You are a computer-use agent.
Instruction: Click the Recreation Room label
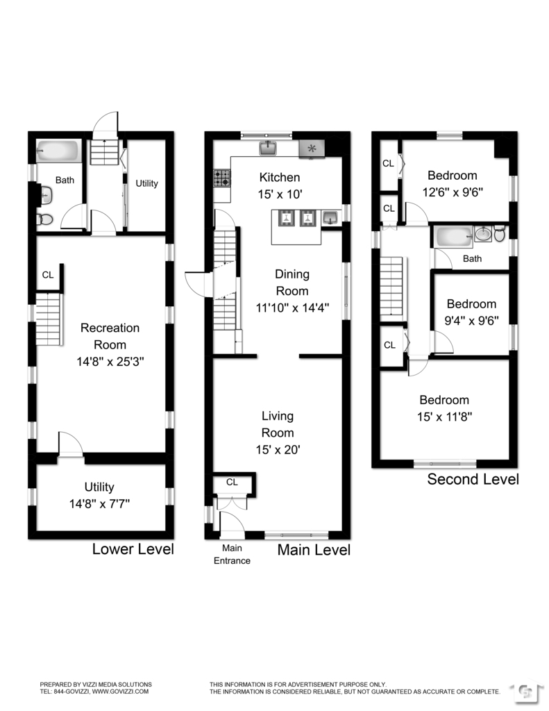point(110,328)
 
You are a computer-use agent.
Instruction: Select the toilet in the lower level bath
point(44,219)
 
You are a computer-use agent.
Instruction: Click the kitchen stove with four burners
point(221,179)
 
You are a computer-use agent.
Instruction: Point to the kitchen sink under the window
point(269,148)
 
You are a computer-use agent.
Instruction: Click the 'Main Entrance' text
point(231,555)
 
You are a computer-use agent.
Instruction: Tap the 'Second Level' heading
point(473,479)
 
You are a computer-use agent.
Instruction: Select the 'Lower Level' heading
point(133,550)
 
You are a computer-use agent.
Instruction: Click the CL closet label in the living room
point(232,482)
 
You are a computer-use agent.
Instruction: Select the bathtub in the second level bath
point(452,237)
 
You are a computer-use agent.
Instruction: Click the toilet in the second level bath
point(499,235)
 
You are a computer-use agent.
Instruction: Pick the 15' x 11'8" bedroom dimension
point(444,417)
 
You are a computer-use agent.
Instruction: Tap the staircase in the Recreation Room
point(49,319)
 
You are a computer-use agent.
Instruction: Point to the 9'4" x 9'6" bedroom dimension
point(471,320)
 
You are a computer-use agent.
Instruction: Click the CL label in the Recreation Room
point(47,275)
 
